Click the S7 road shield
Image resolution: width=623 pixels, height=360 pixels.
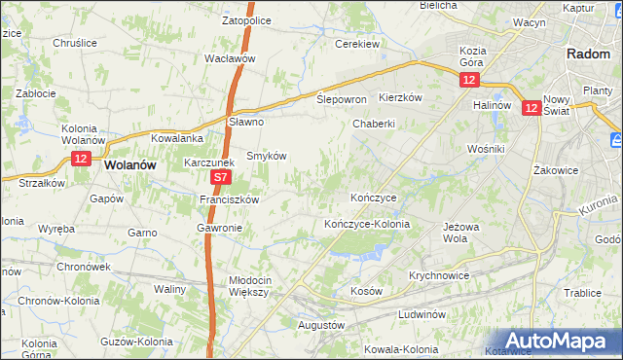[x=221, y=178]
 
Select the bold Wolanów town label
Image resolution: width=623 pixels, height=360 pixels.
[x=129, y=165]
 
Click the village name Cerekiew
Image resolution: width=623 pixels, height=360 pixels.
[x=356, y=44]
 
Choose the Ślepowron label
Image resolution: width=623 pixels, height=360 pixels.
[x=342, y=100]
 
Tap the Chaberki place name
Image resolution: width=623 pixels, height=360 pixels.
[x=374, y=124]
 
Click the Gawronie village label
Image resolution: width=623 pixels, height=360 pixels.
[x=219, y=228]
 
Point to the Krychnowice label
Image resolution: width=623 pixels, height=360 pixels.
[x=439, y=275]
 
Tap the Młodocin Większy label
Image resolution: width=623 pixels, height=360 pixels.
[x=255, y=286]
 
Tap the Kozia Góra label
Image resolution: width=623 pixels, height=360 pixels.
[x=473, y=55]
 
